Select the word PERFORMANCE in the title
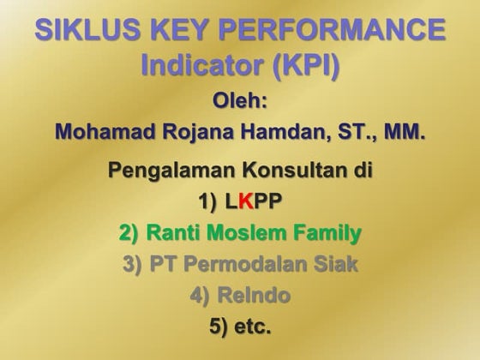[335, 31]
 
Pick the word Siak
[337, 264]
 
